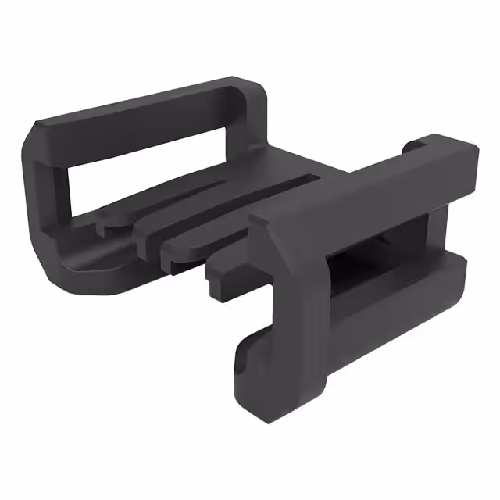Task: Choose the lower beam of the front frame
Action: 391,305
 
